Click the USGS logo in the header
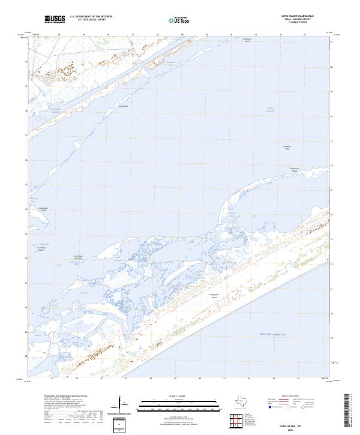(x=55, y=19)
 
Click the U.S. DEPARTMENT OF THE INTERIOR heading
(x=91, y=16)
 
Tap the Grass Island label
(x=124, y=107)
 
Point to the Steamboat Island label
(x=43, y=209)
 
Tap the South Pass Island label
(x=41, y=248)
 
